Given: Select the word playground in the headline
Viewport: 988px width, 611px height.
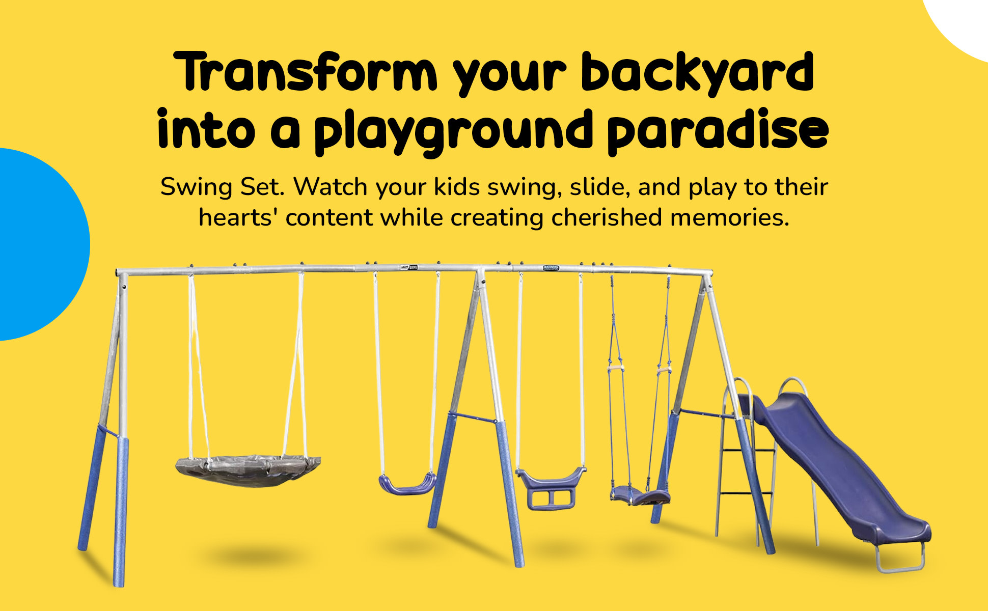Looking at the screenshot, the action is click(453, 131).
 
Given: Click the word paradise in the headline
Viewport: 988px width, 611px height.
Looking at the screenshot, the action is click(718, 130).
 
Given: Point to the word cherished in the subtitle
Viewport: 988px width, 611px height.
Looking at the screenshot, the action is click(607, 217).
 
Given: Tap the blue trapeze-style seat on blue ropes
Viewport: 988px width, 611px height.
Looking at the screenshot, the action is click(640, 494).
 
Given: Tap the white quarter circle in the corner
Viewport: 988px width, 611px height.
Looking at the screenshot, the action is click(957, 25).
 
